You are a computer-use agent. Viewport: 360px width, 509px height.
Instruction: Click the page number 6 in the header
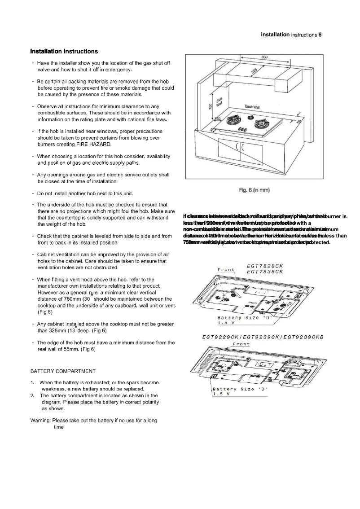click(x=320, y=35)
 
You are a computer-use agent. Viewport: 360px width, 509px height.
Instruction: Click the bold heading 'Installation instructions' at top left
click(x=64, y=51)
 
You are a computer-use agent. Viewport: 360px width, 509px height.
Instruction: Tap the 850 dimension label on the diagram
click(x=265, y=57)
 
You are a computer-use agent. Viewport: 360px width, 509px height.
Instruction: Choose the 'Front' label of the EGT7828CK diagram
click(x=226, y=270)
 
